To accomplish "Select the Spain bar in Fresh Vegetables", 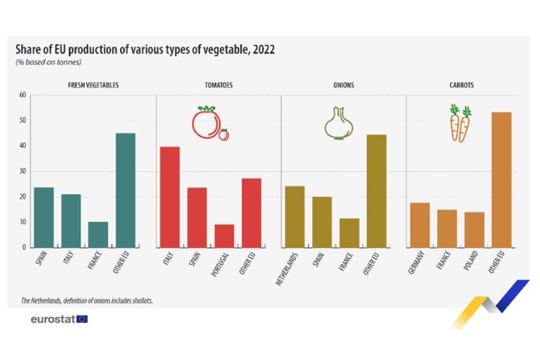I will pos(44,218).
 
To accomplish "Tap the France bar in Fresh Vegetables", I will pos(97,234).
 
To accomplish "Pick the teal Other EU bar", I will pos(125,190).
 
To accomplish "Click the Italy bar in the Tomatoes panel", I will pos(169,197).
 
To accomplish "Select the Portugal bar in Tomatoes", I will pos(223,236).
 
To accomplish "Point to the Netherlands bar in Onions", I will pos(294,217).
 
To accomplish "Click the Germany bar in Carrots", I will pos(419,224).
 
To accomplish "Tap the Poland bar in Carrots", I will pos(474,230).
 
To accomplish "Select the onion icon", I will pos(338,123).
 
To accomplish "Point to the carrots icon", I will pos(460,123).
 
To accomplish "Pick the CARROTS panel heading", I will pos(461,85).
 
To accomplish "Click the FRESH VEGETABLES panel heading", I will pos(93,85).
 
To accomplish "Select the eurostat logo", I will pos(57,319).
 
